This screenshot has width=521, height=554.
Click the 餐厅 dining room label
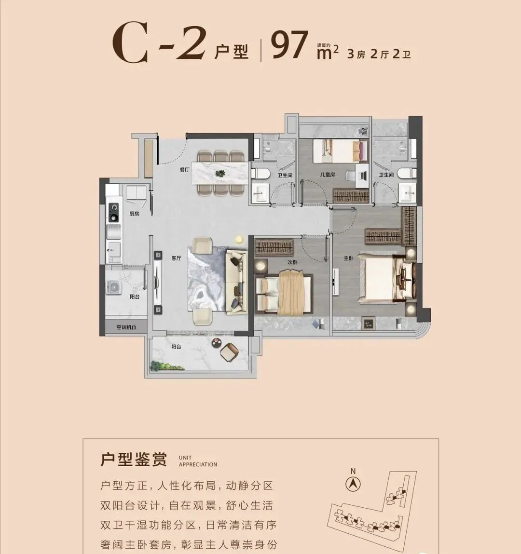(184, 170)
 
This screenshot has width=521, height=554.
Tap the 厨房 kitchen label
(134, 214)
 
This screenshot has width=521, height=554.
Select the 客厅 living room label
(176, 258)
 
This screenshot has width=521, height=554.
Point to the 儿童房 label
(327, 175)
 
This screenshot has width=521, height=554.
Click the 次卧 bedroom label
(292, 262)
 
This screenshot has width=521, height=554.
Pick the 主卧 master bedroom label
(348, 258)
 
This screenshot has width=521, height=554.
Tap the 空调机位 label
(126, 327)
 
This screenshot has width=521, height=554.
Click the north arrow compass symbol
(354, 483)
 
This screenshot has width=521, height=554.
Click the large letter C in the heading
(130, 45)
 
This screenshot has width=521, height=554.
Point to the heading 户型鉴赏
(134, 459)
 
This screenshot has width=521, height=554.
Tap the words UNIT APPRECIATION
(198, 461)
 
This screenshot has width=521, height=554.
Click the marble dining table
(220, 173)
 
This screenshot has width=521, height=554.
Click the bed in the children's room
(337, 150)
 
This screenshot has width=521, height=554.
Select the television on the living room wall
(157, 282)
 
